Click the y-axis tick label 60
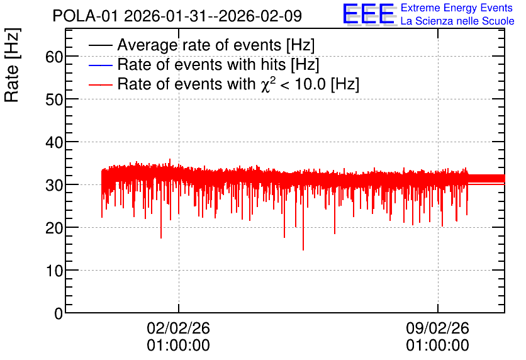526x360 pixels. click(x=54, y=57)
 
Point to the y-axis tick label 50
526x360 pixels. click(x=54, y=99)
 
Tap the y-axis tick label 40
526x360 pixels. click(x=54, y=143)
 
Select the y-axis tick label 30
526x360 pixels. click(x=54, y=185)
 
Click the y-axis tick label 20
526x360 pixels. click(x=54, y=228)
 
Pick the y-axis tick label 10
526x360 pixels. click(x=54, y=271)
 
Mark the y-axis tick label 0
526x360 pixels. click(x=59, y=313)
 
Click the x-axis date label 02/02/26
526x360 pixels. click(x=179, y=328)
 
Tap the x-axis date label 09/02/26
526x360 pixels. click(x=437, y=328)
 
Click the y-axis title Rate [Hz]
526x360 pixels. click(x=12, y=65)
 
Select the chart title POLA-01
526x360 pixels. click(x=85, y=16)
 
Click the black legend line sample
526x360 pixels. click(x=100, y=45)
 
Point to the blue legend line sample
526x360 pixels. click(x=100, y=65)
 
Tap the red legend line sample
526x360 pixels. click(x=100, y=84)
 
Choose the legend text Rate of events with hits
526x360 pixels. click(x=201, y=64)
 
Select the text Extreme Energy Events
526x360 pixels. click(x=457, y=8)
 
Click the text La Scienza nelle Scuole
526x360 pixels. click(x=457, y=21)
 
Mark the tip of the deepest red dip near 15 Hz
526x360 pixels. click(x=303, y=250)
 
